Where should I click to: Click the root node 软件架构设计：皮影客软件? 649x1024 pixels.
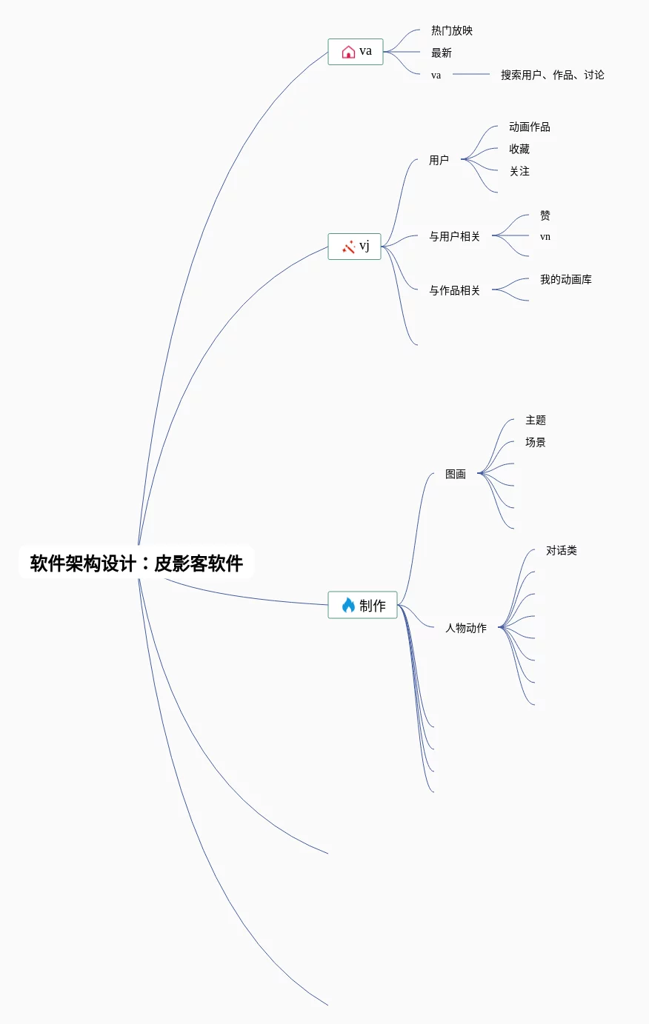pyautogui.click(x=136, y=563)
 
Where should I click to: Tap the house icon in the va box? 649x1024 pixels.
pyautogui.click(x=348, y=52)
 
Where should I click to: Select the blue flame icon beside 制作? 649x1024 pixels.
pyautogui.click(x=348, y=605)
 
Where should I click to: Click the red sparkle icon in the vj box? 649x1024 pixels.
pyautogui.click(x=348, y=246)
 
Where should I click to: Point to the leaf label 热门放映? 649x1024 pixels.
pyautogui.click(x=452, y=30)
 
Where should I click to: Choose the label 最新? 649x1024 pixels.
pyautogui.click(x=442, y=53)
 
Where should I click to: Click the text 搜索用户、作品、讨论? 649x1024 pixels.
pyautogui.click(x=553, y=75)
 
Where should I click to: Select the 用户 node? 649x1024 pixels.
pyautogui.click(x=439, y=160)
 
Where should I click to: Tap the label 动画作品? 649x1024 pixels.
pyautogui.click(x=530, y=127)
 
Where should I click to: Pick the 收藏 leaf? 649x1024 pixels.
pyautogui.click(x=519, y=149)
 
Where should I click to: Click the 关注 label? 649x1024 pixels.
pyautogui.click(x=519, y=171)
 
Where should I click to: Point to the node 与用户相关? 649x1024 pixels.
pyautogui.click(x=454, y=236)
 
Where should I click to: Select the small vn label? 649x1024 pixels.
pyautogui.click(x=545, y=237)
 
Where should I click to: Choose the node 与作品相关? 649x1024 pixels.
pyautogui.click(x=454, y=290)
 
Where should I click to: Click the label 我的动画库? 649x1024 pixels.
pyautogui.click(x=566, y=279)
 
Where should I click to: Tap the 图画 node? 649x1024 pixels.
pyautogui.click(x=456, y=474)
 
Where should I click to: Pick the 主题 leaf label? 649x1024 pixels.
pyautogui.click(x=536, y=420)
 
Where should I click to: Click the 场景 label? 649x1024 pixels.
pyautogui.click(x=536, y=442)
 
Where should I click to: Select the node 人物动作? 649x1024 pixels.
pyautogui.click(x=466, y=628)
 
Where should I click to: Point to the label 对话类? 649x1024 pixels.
pyautogui.click(x=562, y=550)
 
